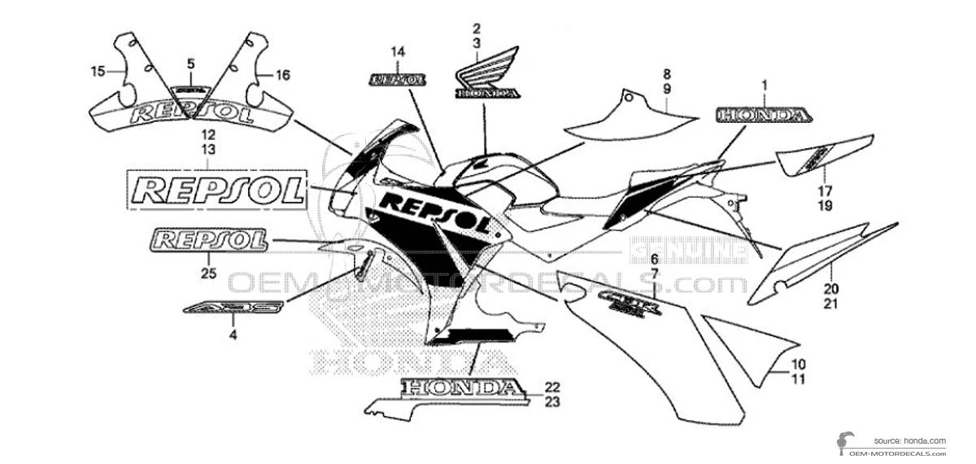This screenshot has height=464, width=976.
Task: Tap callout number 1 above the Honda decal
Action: coord(765,84)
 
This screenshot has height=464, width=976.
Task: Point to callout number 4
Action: coord(233,334)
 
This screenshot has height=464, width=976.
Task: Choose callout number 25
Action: coord(208,274)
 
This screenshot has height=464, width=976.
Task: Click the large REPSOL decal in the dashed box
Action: coord(217,191)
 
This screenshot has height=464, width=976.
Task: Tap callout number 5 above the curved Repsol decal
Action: coord(191,63)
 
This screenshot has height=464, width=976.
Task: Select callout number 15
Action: coord(98,72)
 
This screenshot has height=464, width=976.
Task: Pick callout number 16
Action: coord(282,75)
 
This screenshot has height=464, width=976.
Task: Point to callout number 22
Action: coord(553,386)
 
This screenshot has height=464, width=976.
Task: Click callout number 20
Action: coord(830,288)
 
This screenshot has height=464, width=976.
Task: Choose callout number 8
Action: coord(666,72)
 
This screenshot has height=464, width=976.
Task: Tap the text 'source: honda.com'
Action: coord(910,440)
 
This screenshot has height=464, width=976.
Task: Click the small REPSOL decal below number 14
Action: coord(398,80)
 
